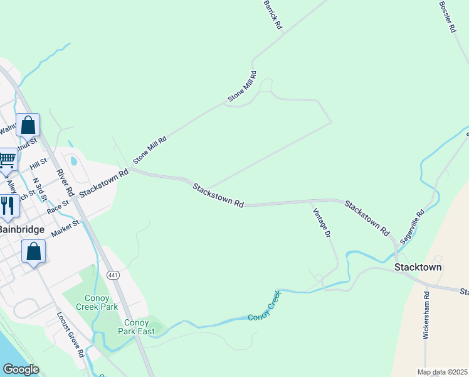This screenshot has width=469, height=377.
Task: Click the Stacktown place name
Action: click(x=418, y=267)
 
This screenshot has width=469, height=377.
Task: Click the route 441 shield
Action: click(x=113, y=275)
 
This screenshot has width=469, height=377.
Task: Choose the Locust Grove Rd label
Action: click(x=70, y=336)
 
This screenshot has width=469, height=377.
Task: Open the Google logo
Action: click(x=21, y=369)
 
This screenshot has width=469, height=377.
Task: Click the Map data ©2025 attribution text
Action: click(x=442, y=372)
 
